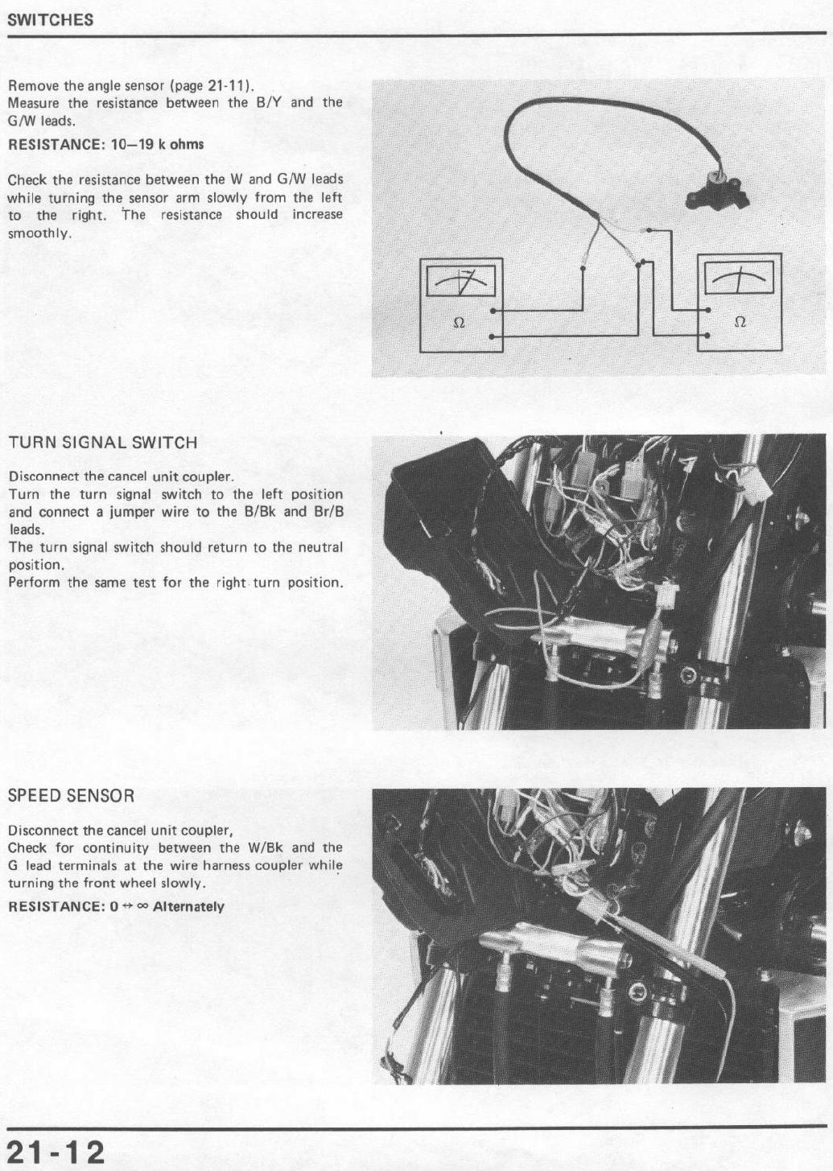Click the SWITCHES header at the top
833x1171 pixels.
coord(51,20)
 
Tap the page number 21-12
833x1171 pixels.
coord(56,1148)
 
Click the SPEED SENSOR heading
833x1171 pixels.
coord(72,796)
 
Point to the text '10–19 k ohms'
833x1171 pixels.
coord(158,144)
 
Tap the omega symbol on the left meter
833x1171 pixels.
coord(459,324)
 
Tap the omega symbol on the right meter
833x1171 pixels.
coord(740,321)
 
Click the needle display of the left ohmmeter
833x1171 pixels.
coord(460,282)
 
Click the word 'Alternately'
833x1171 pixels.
coord(188,906)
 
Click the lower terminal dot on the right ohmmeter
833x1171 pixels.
coord(707,335)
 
